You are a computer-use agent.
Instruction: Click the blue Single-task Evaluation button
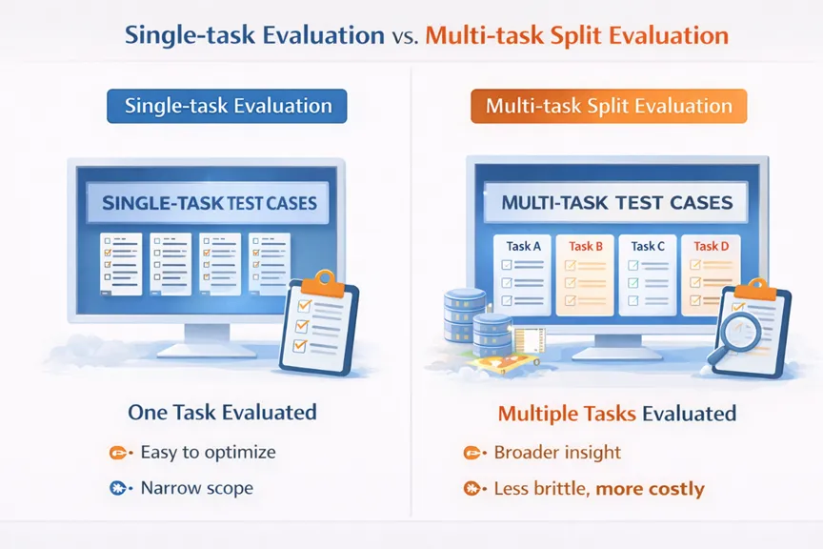227,106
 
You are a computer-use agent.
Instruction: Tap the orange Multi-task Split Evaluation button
609,106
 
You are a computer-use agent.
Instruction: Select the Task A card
522,274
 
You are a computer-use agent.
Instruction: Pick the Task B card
585,274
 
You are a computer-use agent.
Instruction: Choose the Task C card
647,274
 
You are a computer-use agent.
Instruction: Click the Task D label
712,246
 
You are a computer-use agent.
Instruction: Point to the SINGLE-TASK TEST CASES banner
208,203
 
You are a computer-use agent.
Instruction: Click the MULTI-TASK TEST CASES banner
616,202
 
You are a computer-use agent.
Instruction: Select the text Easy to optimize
208,453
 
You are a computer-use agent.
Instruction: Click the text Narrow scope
197,488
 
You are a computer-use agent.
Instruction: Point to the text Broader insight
557,453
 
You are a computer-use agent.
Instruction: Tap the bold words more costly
651,489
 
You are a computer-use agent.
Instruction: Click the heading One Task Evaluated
222,413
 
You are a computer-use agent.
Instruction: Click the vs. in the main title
405,37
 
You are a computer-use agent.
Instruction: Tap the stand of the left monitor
208,341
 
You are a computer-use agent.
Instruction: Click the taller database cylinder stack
465,315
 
